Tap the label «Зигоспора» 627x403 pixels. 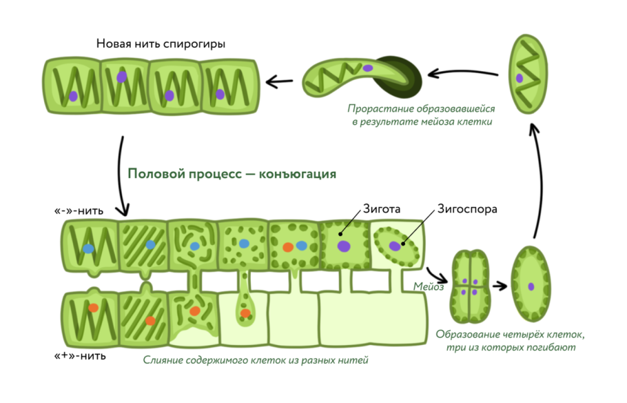[467, 208]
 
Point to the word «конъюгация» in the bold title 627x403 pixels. [298, 174]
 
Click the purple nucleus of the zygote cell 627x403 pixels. [343, 246]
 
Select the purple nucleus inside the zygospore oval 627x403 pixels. [395, 246]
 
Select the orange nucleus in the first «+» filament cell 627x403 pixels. [93, 308]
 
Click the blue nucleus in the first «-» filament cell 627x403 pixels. [88, 248]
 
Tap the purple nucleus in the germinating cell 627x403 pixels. [369, 68]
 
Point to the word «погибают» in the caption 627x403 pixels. [551, 348]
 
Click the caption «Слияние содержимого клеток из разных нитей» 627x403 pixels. [256, 360]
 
